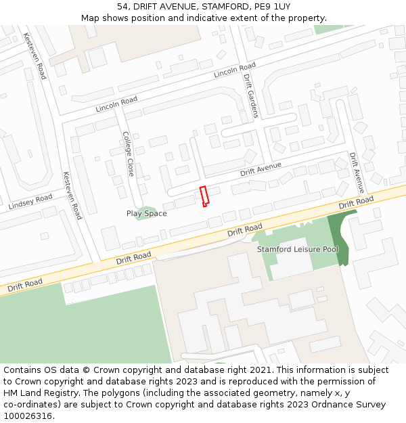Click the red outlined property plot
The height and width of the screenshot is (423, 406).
204,196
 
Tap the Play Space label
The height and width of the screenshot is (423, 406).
146,214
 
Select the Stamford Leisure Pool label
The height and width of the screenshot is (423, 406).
298,249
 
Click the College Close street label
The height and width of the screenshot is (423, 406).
128,154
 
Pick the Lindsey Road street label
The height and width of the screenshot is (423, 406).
30,202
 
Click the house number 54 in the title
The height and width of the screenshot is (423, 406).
122,7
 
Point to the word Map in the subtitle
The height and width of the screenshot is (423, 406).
90,18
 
